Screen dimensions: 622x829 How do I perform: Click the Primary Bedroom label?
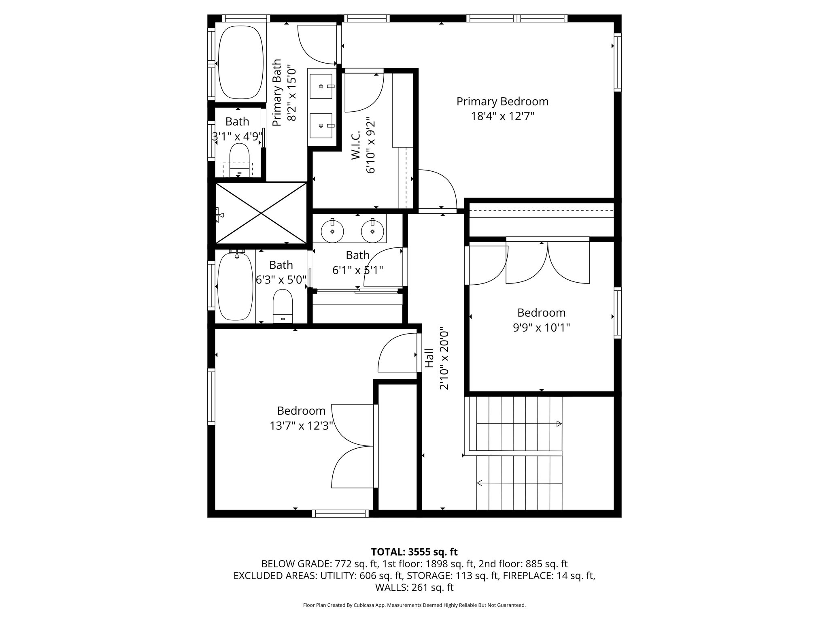tap(502, 101)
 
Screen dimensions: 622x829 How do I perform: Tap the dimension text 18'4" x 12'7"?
tap(502, 117)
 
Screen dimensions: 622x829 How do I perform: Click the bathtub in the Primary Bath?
tap(240, 62)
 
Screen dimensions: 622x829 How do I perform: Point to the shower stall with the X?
tap(261, 213)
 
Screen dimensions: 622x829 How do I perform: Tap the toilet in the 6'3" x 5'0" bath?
tap(283, 306)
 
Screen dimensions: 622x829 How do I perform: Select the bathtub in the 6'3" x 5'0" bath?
tap(235, 286)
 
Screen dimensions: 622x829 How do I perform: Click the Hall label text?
tap(429, 358)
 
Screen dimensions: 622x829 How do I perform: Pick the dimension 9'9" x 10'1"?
tap(541, 327)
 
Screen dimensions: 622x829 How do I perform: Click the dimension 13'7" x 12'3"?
tap(301, 426)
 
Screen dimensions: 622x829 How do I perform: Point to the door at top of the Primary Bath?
tap(317, 45)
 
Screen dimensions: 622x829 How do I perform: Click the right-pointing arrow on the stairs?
tap(559, 424)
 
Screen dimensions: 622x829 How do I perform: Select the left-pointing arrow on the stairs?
tap(480, 483)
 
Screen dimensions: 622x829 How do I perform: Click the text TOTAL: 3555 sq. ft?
tap(414, 552)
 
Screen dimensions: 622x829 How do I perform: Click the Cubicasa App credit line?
tap(414, 605)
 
